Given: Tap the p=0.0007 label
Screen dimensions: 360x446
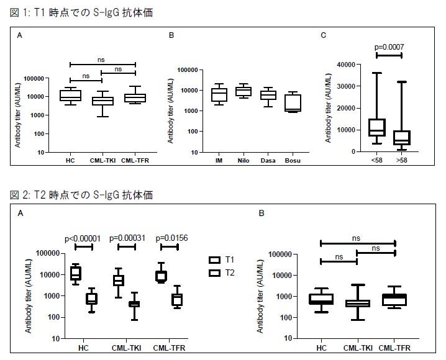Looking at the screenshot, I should (389, 47).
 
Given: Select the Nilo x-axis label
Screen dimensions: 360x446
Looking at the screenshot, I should (243, 160).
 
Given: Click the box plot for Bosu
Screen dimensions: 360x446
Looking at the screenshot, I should (293, 103).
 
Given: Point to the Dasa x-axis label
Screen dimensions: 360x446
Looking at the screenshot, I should (268, 160).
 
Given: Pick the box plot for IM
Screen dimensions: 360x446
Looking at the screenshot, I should (219, 94).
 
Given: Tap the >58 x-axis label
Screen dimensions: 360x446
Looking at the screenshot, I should (402, 160).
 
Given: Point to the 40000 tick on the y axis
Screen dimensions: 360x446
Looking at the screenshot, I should (345, 64).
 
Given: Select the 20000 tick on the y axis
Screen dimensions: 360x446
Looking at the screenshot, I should (345, 108).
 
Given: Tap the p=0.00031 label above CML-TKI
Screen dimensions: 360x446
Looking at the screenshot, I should (127, 238).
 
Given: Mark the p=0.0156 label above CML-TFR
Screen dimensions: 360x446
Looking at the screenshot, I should (169, 238).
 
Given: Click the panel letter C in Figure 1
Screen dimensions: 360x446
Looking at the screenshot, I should (323, 35).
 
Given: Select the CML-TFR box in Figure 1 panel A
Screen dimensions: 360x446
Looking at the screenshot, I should (135, 98).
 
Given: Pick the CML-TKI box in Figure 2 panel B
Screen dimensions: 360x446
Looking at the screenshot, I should (357, 304).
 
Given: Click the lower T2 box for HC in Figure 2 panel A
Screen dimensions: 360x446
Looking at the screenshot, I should (91, 299).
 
